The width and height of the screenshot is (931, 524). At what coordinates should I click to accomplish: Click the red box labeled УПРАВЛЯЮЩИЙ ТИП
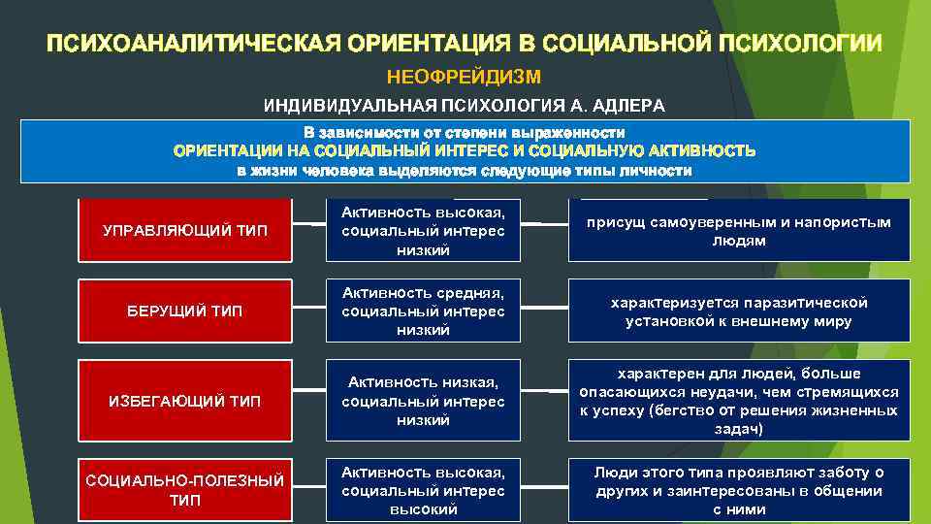pyautogui.click(x=184, y=230)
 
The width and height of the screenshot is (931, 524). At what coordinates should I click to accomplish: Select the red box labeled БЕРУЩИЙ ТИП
pyautogui.click(x=184, y=311)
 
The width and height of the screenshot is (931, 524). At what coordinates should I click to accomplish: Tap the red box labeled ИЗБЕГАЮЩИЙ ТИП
pyautogui.click(x=184, y=401)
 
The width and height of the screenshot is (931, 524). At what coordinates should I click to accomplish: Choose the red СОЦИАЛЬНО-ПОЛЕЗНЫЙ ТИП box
pyautogui.click(x=184, y=490)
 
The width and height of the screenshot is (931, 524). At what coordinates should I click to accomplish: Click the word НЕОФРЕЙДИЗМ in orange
pyautogui.click(x=464, y=76)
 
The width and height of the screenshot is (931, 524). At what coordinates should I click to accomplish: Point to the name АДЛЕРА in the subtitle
pyautogui.click(x=631, y=105)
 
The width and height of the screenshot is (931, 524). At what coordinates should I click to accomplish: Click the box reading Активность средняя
pyautogui.click(x=423, y=311)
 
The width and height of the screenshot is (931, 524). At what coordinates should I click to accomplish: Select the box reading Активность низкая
pyautogui.click(x=423, y=401)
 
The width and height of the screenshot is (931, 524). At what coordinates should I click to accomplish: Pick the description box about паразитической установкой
pyautogui.click(x=739, y=311)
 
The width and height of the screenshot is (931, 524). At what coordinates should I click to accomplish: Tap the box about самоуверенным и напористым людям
pyautogui.click(x=739, y=230)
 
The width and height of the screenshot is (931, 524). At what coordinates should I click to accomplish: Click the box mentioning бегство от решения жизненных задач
pyautogui.click(x=739, y=401)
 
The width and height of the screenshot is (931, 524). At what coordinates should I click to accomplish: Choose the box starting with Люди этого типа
pyautogui.click(x=739, y=490)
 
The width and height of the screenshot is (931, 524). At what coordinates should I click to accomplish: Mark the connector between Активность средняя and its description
pyautogui.click(x=545, y=308)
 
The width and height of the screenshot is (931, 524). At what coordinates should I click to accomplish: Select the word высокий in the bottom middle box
pyautogui.click(x=423, y=508)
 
